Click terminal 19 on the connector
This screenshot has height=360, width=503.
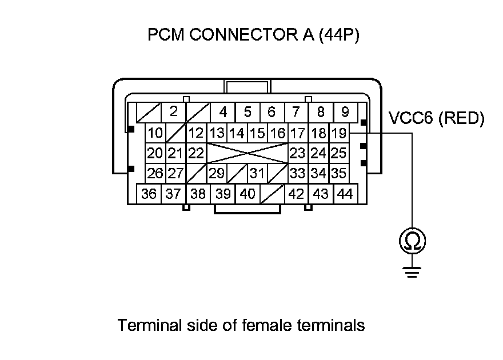339,134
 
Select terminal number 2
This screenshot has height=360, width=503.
174,111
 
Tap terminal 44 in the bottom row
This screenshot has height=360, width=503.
345,194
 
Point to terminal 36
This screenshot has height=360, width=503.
149,194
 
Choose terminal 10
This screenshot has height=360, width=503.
155,134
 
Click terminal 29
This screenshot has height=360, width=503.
217,173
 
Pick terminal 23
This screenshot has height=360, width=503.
297,153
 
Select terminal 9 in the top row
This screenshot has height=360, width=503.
345,111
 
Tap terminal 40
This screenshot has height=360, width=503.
247,194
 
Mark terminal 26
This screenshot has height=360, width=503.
155,173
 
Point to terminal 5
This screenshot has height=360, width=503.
247,111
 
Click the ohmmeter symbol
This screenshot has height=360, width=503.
411,242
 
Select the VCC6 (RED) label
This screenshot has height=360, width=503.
436,119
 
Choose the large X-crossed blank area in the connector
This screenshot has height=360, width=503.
247,153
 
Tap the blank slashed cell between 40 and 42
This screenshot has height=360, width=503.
272,194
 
